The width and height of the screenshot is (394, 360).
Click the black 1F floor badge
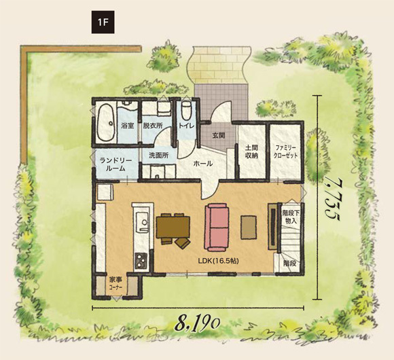click(x=103, y=22)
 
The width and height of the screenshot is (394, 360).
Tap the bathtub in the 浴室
click(x=105, y=123)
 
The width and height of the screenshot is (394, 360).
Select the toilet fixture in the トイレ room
click(x=186, y=111)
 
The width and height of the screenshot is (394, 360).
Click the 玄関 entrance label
click(x=219, y=136)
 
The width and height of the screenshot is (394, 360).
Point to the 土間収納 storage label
click(x=251, y=151)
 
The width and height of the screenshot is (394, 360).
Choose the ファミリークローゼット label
click(x=285, y=151)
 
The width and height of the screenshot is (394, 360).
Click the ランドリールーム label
click(x=115, y=164)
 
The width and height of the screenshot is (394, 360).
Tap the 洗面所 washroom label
click(x=158, y=156)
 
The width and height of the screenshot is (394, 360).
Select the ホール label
click(x=203, y=164)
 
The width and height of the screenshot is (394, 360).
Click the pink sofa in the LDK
click(x=217, y=227)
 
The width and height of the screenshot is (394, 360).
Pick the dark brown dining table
click(x=173, y=227)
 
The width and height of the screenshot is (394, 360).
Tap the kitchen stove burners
click(x=141, y=261)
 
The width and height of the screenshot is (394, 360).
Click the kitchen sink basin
click(x=142, y=222)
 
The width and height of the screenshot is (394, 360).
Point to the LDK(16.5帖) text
click(x=218, y=261)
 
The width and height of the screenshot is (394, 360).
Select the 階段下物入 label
click(x=291, y=217)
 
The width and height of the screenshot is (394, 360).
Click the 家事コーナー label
click(x=115, y=283)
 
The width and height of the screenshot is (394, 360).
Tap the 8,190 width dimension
click(x=198, y=325)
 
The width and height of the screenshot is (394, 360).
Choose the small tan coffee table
click(x=249, y=227)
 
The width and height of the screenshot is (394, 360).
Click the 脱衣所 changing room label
click(x=153, y=126)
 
